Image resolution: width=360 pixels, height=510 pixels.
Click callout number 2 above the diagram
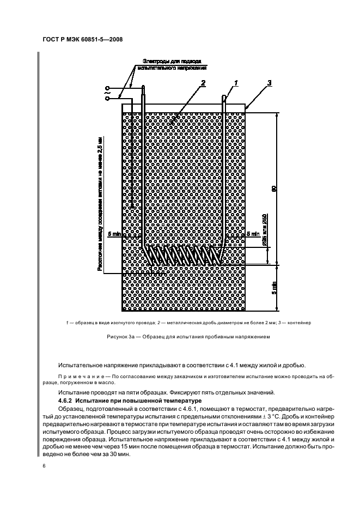click(x=203, y=83)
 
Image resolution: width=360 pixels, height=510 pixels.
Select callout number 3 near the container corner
click(x=270, y=83)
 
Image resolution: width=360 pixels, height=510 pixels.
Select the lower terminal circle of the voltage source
click(x=107, y=98)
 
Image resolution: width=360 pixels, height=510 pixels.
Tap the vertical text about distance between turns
click(x=100, y=202)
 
